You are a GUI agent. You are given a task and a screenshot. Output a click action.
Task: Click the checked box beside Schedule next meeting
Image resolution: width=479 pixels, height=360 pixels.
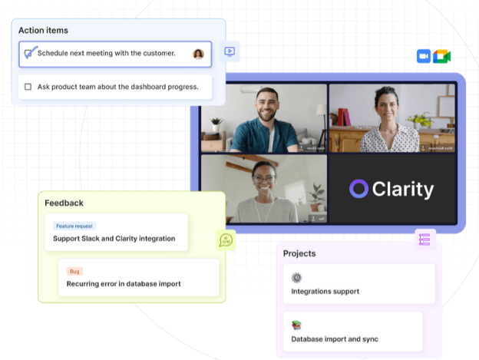(x=29, y=53)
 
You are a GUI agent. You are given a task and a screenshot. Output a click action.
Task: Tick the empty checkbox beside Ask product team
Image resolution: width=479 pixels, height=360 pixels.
(x=28, y=87)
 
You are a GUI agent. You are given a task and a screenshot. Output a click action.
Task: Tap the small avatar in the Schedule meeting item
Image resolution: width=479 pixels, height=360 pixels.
(x=198, y=54)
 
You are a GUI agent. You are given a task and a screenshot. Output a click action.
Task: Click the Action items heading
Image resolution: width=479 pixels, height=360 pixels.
(x=43, y=31)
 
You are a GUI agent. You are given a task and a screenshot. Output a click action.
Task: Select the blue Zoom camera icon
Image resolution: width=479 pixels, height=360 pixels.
(x=423, y=56)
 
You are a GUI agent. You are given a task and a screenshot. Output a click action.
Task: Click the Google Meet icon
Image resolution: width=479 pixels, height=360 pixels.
(x=441, y=56)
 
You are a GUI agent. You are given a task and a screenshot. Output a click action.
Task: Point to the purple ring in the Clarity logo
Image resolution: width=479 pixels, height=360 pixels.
(x=358, y=189)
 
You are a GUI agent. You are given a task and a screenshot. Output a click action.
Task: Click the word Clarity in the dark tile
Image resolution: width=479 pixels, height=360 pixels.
(x=403, y=189)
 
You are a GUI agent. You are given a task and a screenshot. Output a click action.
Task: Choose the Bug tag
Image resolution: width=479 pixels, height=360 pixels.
(x=74, y=271)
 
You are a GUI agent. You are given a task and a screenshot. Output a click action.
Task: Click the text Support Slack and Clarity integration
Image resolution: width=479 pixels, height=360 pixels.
(x=114, y=239)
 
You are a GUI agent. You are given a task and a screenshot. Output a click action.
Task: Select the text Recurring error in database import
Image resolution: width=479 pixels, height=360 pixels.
(x=124, y=283)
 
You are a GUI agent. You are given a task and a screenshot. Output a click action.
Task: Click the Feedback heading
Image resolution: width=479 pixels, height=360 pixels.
(x=64, y=203)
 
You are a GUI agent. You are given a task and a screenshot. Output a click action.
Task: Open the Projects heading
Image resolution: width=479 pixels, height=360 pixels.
(x=299, y=253)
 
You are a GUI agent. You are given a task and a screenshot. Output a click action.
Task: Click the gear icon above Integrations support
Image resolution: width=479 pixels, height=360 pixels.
(x=296, y=278)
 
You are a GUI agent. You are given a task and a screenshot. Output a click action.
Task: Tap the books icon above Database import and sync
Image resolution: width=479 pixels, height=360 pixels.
(x=296, y=325)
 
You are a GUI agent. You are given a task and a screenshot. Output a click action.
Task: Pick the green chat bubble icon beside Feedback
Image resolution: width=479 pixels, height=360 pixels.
(x=226, y=240)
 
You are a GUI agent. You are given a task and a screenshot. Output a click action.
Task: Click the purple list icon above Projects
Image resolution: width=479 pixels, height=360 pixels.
(x=424, y=239)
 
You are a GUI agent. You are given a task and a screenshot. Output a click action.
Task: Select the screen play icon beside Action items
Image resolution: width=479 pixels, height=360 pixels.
(x=230, y=51)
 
